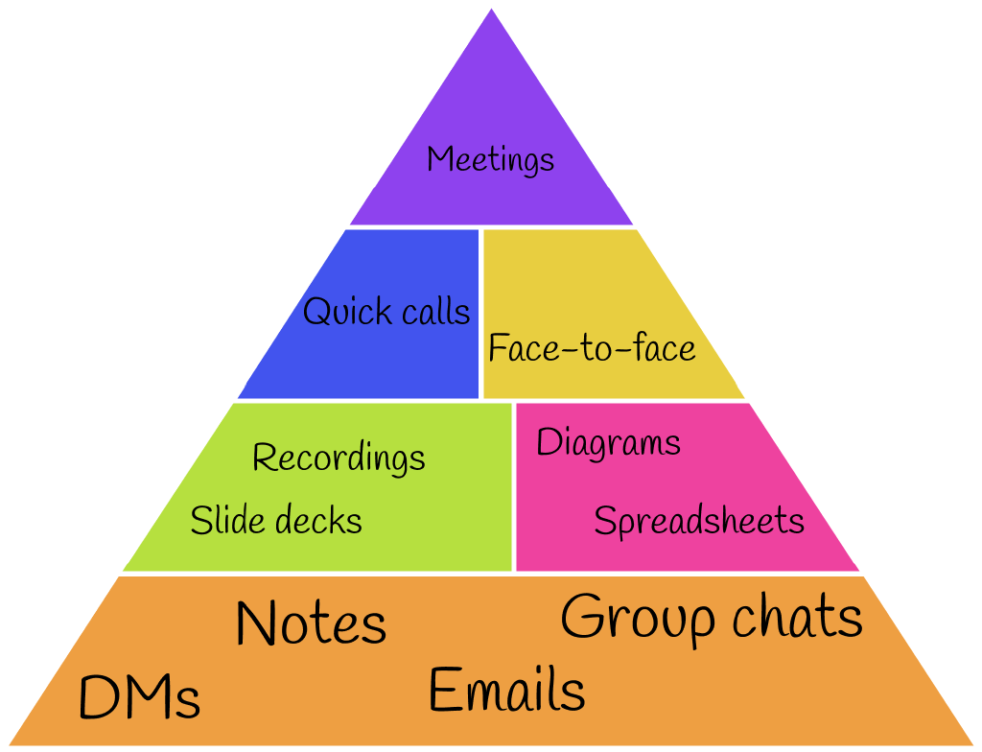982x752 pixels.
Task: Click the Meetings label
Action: pos(490,159)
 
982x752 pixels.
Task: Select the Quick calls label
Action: pos(386,312)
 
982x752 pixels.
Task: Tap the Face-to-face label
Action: pos(592,348)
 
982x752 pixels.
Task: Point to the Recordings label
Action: pos(339,458)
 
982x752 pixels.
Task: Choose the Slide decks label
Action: pos(276,521)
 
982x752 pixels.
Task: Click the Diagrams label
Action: pos(608,443)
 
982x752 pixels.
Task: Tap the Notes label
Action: pos(311,623)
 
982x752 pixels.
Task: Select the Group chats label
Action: pos(712,617)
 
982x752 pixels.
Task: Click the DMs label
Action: pos(139,697)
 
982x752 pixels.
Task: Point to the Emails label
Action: pos(506,691)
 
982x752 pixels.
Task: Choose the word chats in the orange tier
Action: pos(798,617)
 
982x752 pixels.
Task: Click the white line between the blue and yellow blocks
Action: pos(480,313)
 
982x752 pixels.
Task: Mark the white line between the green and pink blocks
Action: pos(513,486)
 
